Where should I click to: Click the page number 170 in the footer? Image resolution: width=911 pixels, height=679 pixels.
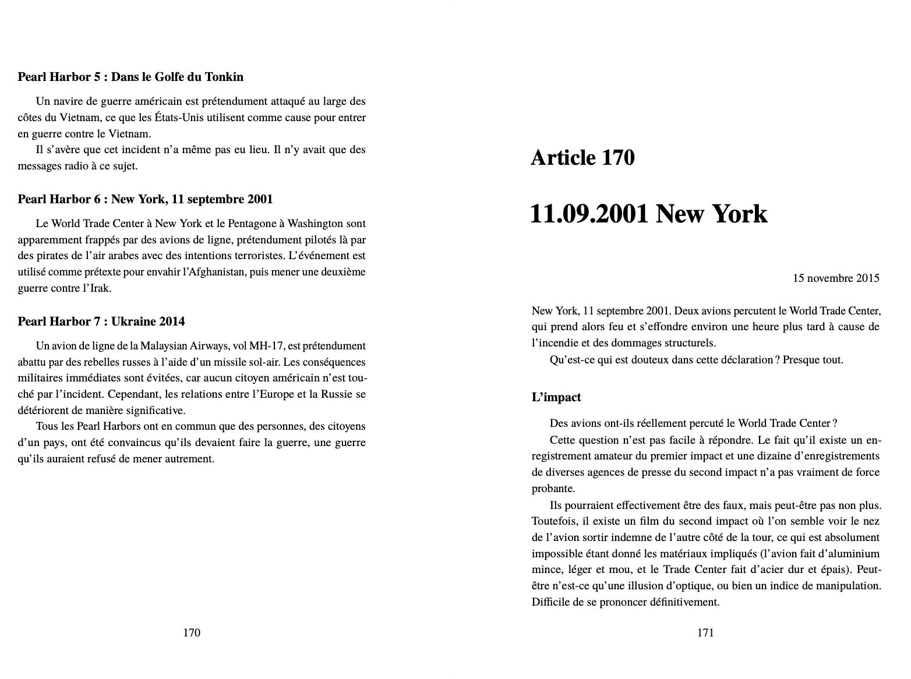192,633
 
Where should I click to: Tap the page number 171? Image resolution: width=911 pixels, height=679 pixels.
705,633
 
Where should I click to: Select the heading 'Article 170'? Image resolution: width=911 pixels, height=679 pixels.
582,158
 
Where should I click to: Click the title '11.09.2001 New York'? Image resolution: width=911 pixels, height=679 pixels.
648,214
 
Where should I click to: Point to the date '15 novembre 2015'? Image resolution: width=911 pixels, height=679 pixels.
836,278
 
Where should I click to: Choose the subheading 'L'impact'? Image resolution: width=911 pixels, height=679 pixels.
556,398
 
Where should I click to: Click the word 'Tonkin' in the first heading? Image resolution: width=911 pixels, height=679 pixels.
225,77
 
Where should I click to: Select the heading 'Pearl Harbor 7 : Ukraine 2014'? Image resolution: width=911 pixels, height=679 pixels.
101,321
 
